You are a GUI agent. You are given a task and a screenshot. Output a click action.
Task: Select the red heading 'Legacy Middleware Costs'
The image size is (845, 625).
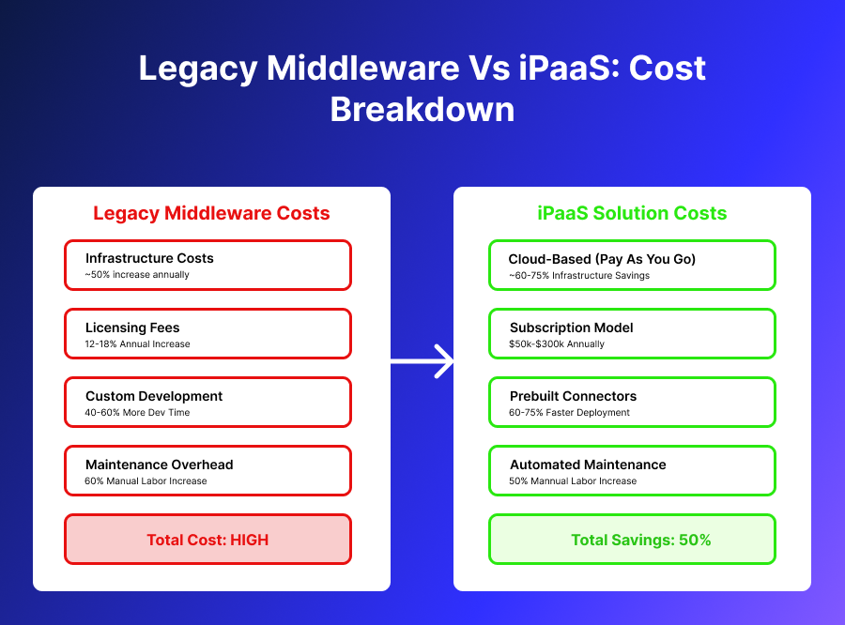(x=211, y=213)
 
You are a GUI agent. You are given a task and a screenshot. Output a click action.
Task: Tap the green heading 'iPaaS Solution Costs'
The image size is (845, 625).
(x=632, y=213)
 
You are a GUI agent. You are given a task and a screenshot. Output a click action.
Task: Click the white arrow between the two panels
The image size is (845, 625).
(x=422, y=361)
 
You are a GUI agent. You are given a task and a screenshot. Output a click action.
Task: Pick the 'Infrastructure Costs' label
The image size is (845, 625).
(x=149, y=258)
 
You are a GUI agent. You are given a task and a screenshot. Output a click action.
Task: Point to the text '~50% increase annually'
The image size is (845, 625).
(x=137, y=275)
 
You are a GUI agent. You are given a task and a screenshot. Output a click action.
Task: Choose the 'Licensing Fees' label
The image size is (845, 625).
(x=132, y=328)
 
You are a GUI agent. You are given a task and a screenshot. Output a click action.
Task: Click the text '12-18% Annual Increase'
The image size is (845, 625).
(x=137, y=344)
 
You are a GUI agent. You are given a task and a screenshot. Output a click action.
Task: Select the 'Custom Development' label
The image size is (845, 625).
(x=154, y=396)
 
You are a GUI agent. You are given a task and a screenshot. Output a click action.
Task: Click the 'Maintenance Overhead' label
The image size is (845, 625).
(x=159, y=465)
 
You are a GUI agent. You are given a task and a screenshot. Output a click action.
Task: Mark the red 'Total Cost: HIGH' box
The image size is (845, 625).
(x=207, y=540)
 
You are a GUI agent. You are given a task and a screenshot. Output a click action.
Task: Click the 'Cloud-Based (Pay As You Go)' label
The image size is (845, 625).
(x=602, y=259)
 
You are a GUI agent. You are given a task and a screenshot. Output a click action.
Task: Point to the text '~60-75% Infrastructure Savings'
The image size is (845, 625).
(x=578, y=276)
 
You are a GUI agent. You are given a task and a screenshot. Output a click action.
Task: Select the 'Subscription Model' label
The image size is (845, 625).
(x=571, y=328)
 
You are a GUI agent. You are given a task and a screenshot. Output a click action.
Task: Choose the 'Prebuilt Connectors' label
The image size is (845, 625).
(x=573, y=396)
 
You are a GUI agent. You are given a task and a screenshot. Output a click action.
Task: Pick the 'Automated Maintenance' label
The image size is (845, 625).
(x=588, y=465)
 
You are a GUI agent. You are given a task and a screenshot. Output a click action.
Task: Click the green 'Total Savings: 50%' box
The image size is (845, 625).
(x=633, y=540)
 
